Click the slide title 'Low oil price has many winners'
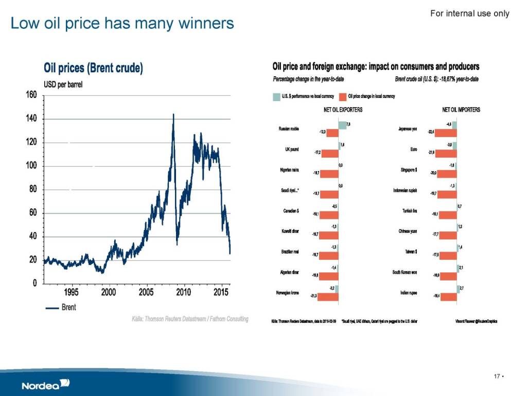[122, 23]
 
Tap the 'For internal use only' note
[469, 13]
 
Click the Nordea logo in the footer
[45, 385]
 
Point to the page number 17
[497, 376]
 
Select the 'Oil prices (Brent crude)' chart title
[93, 68]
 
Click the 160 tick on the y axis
[31, 95]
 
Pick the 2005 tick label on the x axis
[147, 293]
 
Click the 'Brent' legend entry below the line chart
[61, 307]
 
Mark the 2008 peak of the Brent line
[173, 114]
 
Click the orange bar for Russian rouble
[332, 133]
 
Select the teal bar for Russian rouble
[343, 125]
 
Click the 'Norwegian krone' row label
[288, 292]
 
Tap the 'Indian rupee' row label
[408, 292]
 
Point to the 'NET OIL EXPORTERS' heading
[343, 110]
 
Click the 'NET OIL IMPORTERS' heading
[461, 110]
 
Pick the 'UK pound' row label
[292, 150]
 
